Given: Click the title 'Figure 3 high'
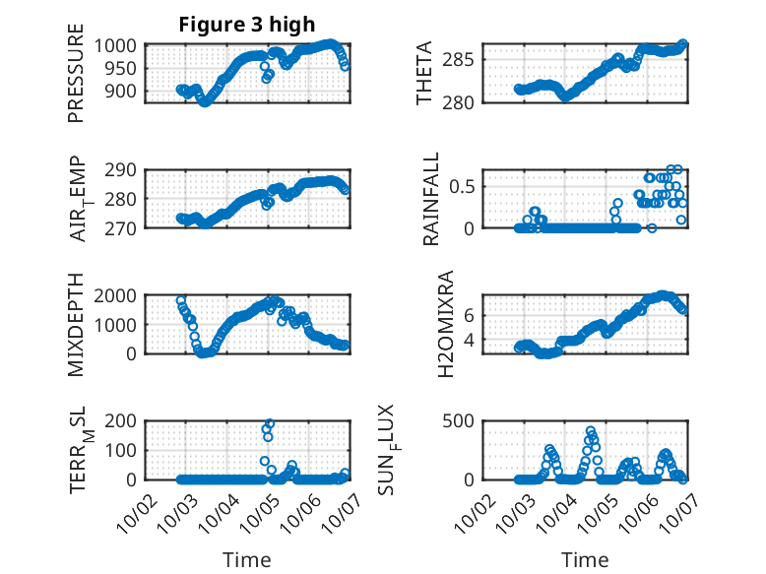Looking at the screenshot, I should pos(246,25).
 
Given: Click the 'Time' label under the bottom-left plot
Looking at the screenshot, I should pos(246,560).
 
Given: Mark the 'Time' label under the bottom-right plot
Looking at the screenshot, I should pos(585,560).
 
